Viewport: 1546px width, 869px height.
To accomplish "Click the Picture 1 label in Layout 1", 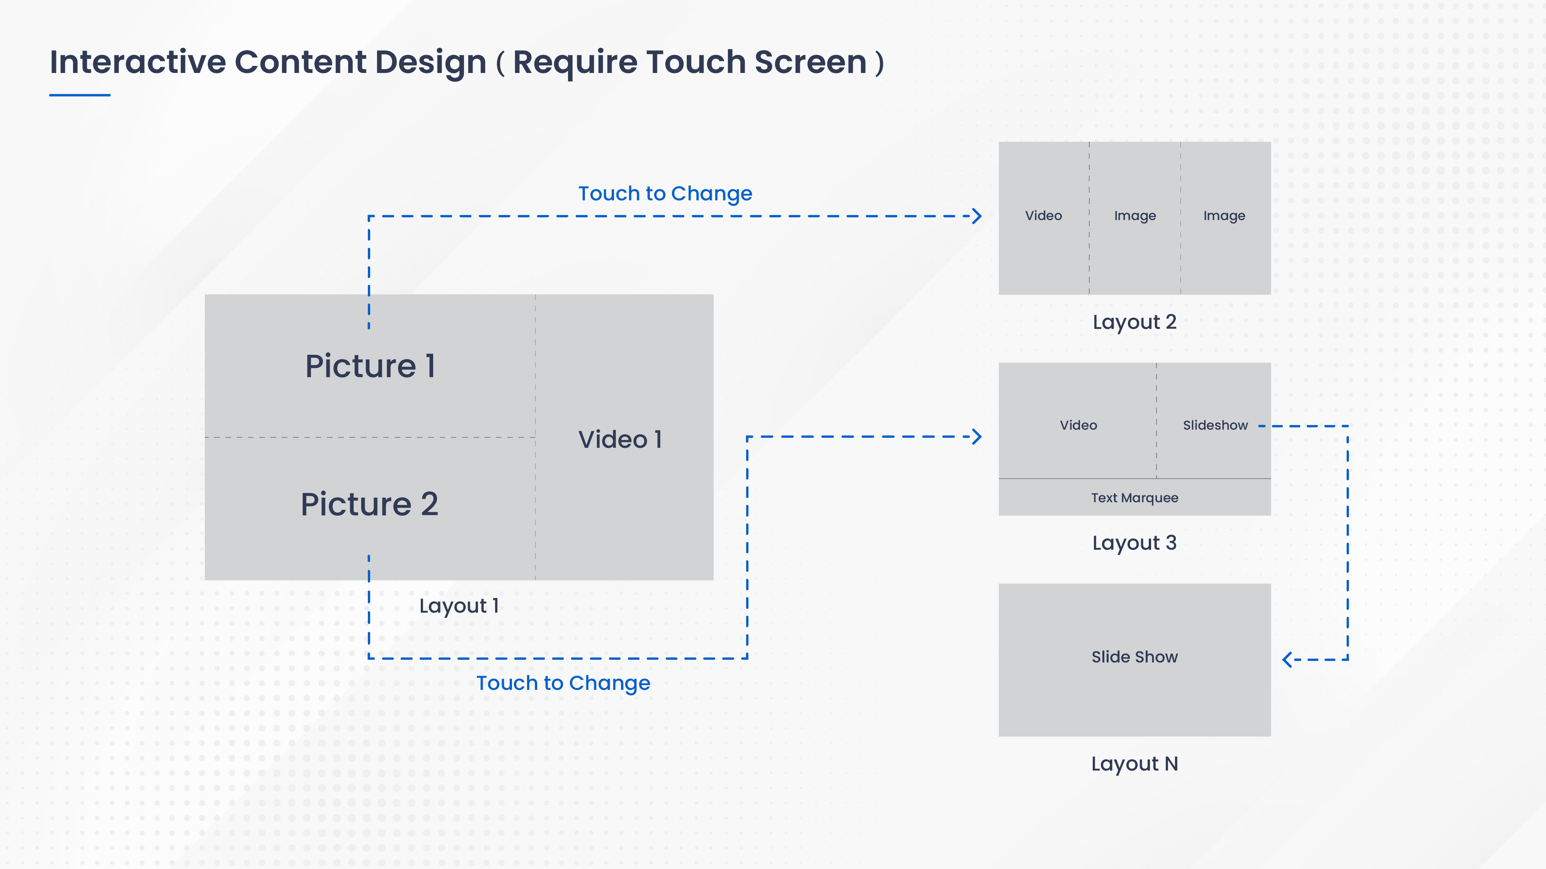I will click(370, 366).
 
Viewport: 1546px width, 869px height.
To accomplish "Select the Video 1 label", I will click(620, 440).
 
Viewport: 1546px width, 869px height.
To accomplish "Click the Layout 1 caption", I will click(459, 606).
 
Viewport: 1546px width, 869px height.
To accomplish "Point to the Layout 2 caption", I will click(1134, 322).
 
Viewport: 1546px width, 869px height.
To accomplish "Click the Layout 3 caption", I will click(1134, 543).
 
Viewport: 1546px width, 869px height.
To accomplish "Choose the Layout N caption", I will click(1134, 764).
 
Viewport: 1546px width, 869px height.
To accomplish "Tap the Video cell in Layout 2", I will click(1043, 215).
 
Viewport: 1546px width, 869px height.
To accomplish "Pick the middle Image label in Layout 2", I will click(1134, 215).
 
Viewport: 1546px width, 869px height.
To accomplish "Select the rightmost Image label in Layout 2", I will click(1224, 215).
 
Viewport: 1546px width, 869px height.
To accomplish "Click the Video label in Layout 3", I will click(1078, 425).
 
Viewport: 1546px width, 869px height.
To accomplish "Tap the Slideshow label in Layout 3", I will click(1215, 425).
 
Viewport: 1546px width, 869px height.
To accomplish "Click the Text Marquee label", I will click(1134, 498).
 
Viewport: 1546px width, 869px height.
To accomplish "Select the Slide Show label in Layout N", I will click(1134, 657).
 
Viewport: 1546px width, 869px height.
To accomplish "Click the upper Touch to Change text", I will click(665, 194).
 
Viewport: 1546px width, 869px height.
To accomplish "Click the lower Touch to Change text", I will click(563, 683).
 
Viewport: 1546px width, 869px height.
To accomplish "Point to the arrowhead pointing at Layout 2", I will click(977, 216).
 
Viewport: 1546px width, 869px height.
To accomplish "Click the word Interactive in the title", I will click(138, 63).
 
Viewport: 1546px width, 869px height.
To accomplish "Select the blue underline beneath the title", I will click(80, 95).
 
